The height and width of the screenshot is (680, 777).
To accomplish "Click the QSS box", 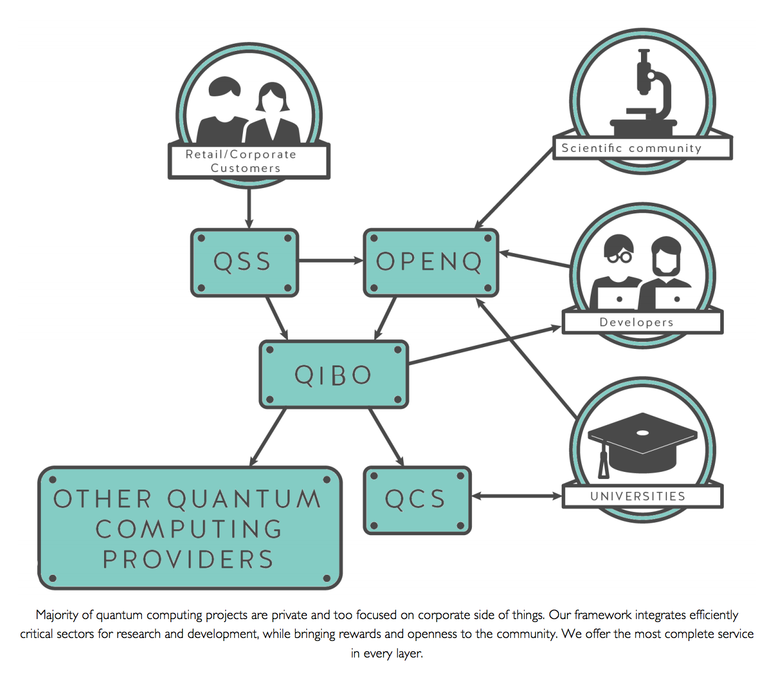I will [244, 262].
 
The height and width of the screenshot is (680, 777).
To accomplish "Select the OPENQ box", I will [430, 262].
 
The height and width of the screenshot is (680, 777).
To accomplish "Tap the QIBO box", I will [334, 374].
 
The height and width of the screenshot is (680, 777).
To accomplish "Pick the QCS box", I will [417, 500].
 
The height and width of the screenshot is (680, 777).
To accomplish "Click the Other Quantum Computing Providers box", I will [190, 529].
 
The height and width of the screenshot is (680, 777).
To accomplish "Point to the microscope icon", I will [647, 95].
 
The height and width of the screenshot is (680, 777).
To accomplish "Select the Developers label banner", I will [642, 322].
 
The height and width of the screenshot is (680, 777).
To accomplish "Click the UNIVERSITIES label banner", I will [642, 496].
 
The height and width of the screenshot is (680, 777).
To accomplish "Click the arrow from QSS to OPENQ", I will [330, 260].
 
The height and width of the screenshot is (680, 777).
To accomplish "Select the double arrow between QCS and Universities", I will [516, 496].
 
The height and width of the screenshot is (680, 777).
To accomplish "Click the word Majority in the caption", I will [57, 615].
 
